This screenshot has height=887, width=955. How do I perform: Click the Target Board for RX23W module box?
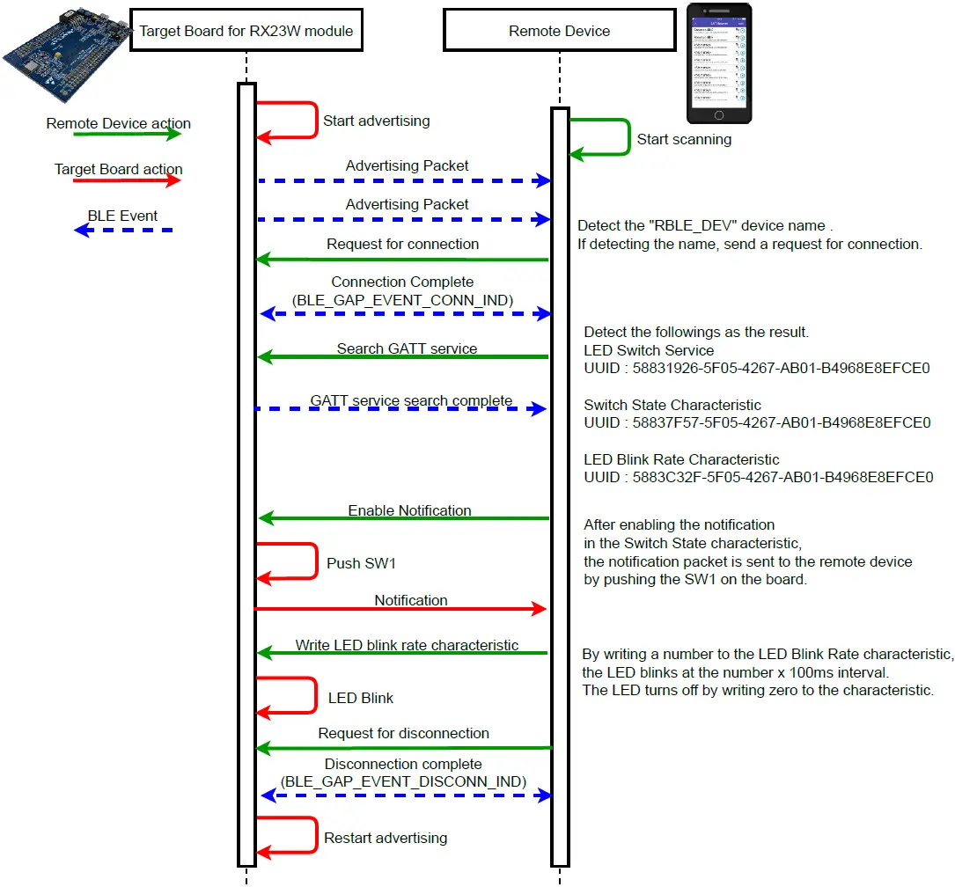click(246, 31)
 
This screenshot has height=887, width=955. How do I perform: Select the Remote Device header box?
click(559, 31)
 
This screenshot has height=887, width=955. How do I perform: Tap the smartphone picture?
click(719, 62)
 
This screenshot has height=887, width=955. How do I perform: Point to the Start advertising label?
click(376, 121)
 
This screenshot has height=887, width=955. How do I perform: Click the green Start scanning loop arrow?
click(628, 137)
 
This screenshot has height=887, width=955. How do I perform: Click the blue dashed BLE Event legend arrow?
click(122, 231)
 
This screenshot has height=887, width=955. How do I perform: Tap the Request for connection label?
click(402, 244)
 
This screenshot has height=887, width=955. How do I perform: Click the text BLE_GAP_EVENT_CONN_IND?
click(402, 300)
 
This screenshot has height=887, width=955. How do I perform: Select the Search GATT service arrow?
click(402, 357)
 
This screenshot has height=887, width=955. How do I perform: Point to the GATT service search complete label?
click(411, 400)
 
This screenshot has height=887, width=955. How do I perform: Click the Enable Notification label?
click(409, 510)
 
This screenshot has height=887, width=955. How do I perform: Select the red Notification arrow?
click(400, 609)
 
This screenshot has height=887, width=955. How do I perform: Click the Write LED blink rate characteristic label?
click(407, 645)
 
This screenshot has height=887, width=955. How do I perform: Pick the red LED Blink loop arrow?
click(314, 694)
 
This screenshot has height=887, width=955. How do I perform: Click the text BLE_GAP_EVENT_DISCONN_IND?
click(403, 781)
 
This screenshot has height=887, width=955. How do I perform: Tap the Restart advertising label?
click(386, 838)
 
